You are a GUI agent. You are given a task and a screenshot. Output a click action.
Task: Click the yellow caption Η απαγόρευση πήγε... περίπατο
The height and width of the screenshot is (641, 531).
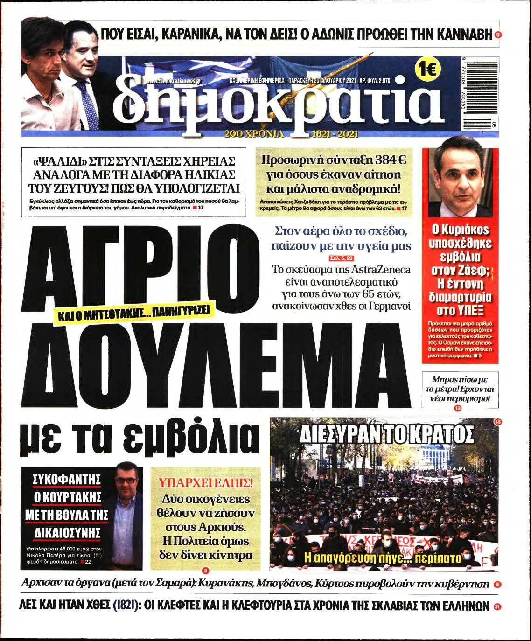click(x=383, y=557)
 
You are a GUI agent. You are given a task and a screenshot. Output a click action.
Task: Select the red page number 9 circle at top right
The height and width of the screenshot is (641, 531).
click(x=498, y=35)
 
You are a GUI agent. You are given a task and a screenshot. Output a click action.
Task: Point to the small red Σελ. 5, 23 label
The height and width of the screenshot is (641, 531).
click(x=342, y=258)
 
